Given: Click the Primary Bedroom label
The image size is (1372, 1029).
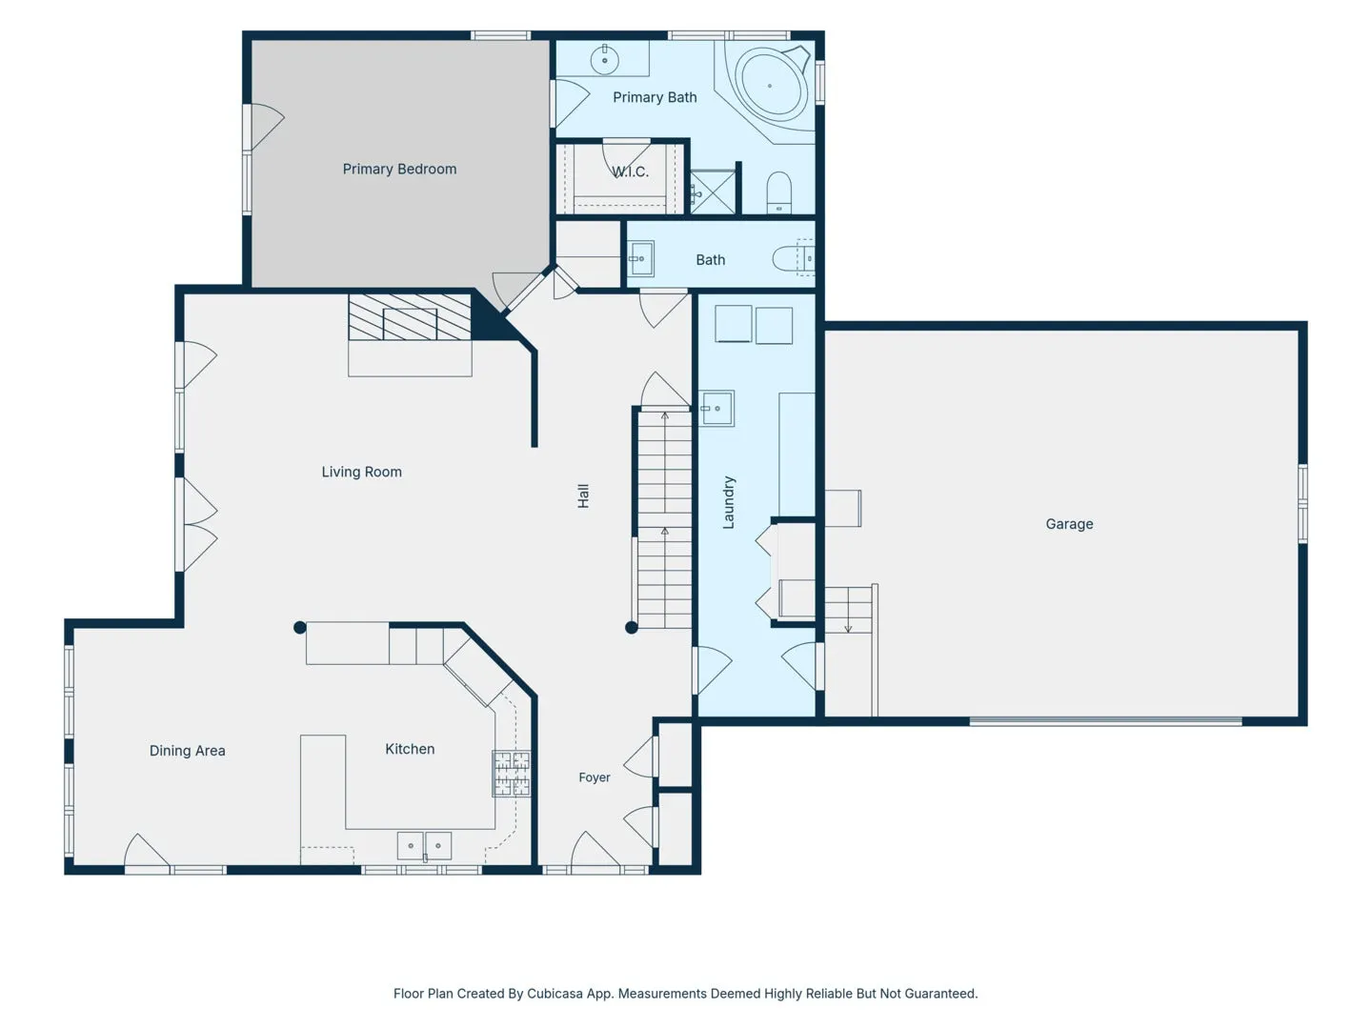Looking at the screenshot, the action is (399, 169).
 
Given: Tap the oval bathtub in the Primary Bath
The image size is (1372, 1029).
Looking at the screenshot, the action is (770, 86).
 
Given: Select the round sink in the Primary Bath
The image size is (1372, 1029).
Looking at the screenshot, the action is (604, 60).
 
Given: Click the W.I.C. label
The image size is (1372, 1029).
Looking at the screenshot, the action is (630, 171).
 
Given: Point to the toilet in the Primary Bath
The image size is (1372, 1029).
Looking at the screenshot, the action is (778, 192).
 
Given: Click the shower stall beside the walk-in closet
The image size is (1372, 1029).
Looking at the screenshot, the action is (713, 192).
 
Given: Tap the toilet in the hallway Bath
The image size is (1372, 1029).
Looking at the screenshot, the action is (794, 258).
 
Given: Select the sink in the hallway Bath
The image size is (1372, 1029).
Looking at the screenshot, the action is (640, 258).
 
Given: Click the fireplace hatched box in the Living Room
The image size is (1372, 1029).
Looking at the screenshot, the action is (410, 317).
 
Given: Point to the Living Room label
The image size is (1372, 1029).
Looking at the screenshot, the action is (362, 472).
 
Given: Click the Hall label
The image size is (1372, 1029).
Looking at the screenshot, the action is (583, 496).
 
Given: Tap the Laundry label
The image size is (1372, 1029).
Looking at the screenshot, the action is (729, 502).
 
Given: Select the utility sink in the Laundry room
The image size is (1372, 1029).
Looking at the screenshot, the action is (716, 408).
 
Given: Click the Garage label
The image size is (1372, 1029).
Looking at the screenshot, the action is (1069, 524).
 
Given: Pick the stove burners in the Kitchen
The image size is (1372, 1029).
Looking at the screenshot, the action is (512, 774).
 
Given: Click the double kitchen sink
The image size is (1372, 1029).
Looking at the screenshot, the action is (424, 846).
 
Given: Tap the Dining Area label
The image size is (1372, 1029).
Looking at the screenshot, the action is (188, 751).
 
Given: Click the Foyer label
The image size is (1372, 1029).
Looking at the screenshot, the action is (595, 777).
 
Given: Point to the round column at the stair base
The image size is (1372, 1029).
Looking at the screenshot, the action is (632, 627).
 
